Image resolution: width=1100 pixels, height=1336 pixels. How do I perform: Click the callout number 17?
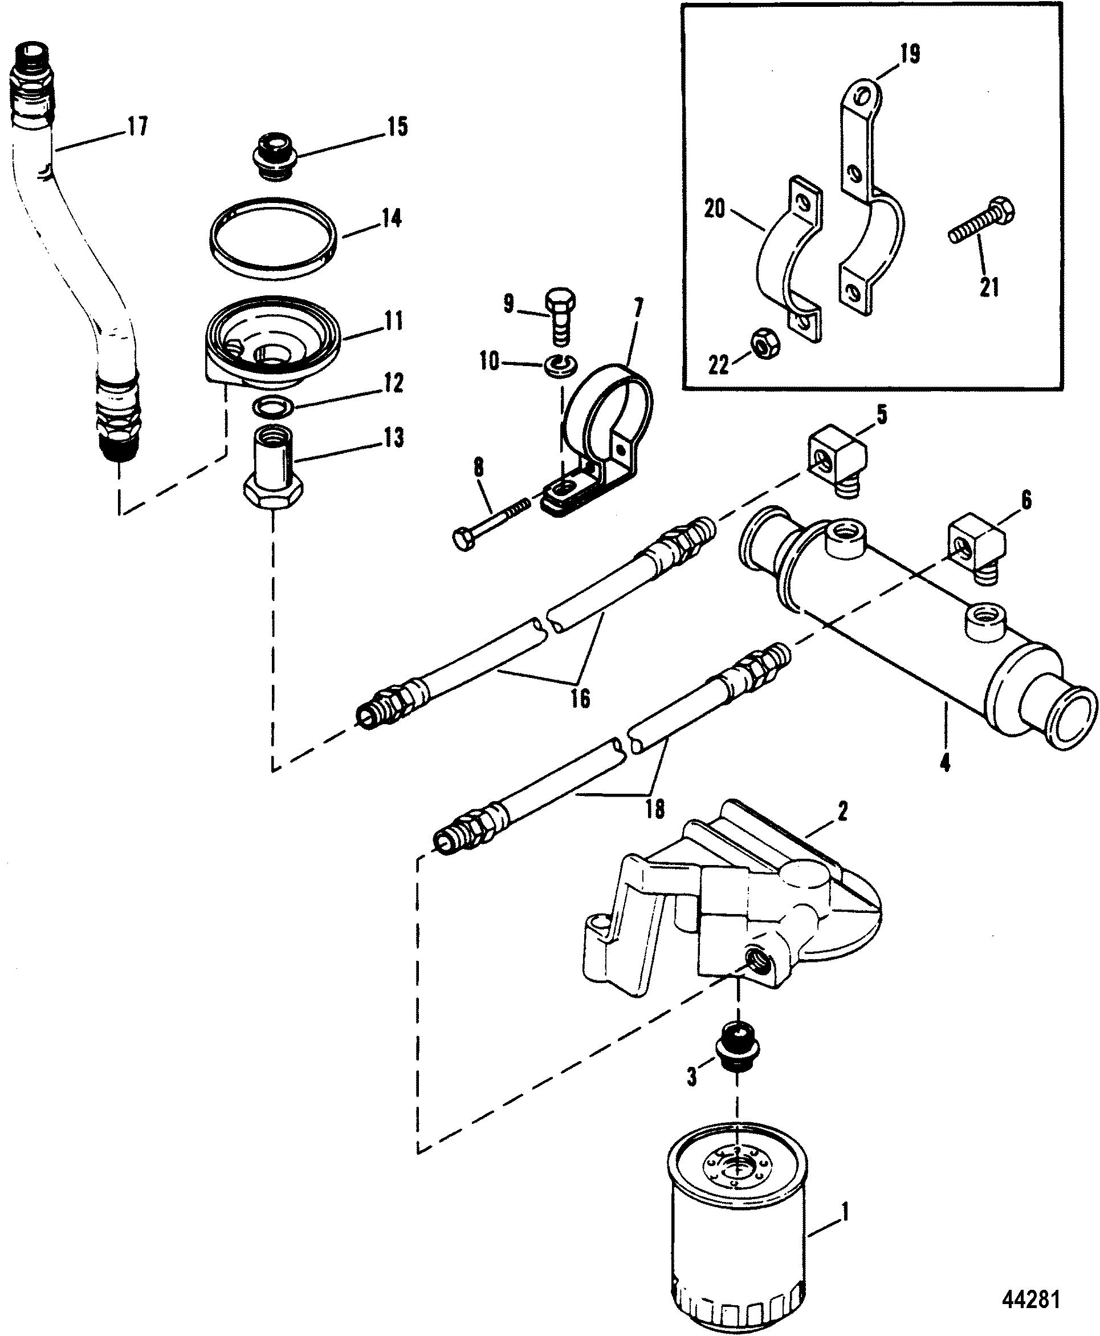tap(137, 126)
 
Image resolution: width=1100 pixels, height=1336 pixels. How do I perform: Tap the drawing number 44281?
tap(1030, 1301)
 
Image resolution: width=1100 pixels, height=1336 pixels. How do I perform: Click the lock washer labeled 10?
tap(559, 364)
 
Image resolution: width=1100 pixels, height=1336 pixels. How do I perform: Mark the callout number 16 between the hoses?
tap(580, 699)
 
